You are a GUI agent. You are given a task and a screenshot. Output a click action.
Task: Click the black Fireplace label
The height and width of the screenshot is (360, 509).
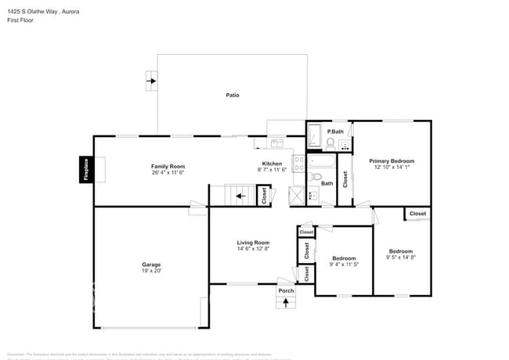(86, 170)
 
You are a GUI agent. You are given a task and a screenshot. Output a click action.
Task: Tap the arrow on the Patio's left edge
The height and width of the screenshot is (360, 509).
(151, 80)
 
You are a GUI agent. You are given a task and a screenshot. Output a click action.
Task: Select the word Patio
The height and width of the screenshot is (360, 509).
(233, 95)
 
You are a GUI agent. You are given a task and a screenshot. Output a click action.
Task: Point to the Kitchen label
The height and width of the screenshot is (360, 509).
(272, 164)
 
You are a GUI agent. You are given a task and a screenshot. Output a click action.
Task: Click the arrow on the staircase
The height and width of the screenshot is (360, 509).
(241, 196)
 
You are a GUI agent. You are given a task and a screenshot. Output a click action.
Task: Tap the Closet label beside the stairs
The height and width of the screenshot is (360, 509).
(264, 196)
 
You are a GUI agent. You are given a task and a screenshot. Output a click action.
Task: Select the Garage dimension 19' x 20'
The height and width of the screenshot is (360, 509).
(151, 271)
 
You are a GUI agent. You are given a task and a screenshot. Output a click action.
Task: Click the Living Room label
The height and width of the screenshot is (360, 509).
(253, 243)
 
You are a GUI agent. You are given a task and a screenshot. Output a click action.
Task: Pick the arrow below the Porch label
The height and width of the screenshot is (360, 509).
(286, 302)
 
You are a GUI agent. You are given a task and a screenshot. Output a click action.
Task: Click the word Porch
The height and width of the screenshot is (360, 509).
(286, 290)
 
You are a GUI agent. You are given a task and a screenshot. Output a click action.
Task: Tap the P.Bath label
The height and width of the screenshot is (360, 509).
(335, 131)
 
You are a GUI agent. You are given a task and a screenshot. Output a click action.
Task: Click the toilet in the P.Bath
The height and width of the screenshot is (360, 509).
(330, 143)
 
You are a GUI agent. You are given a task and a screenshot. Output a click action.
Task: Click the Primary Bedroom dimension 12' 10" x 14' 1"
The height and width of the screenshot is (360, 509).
(392, 167)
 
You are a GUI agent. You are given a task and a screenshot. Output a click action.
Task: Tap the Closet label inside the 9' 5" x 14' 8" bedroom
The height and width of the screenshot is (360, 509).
(417, 213)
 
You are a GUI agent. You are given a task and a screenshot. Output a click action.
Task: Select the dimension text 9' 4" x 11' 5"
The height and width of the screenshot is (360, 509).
(344, 265)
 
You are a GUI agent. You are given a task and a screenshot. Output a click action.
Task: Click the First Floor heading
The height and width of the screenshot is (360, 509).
(20, 22)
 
